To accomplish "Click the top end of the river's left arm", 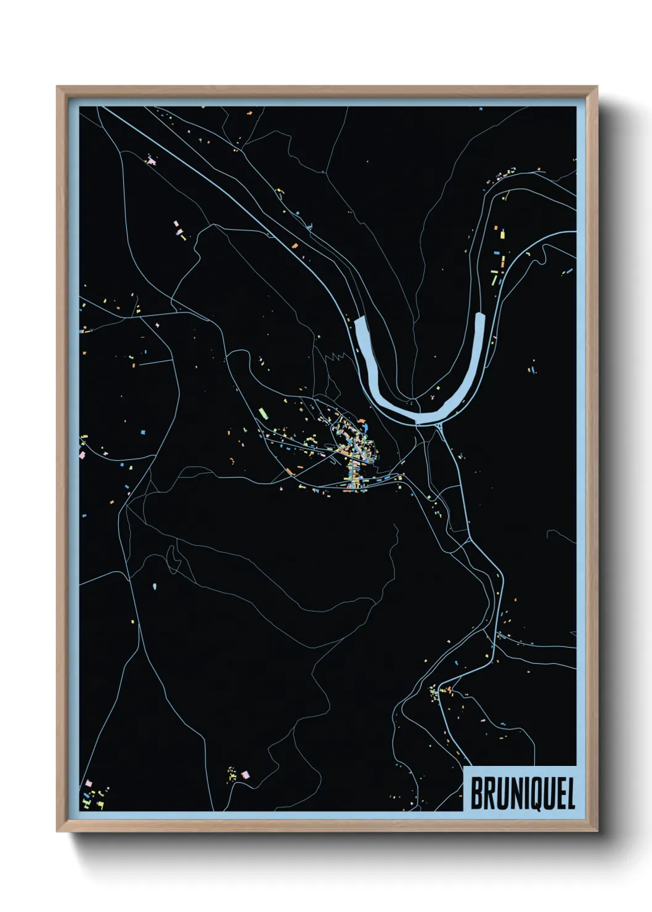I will [x=361, y=320].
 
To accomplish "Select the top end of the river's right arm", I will [x=481, y=315].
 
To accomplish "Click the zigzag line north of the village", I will [x=333, y=356].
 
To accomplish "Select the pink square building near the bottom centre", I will [x=245, y=774].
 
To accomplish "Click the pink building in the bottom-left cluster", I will [x=88, y=783].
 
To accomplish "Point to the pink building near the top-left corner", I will [x=151, y=161].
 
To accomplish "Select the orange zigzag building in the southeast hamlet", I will [x=449, y=688].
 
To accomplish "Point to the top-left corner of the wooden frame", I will [x=57, y=87].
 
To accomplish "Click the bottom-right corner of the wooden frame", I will [x=597, y=831].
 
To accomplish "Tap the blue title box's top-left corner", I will [x=463, y=767].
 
